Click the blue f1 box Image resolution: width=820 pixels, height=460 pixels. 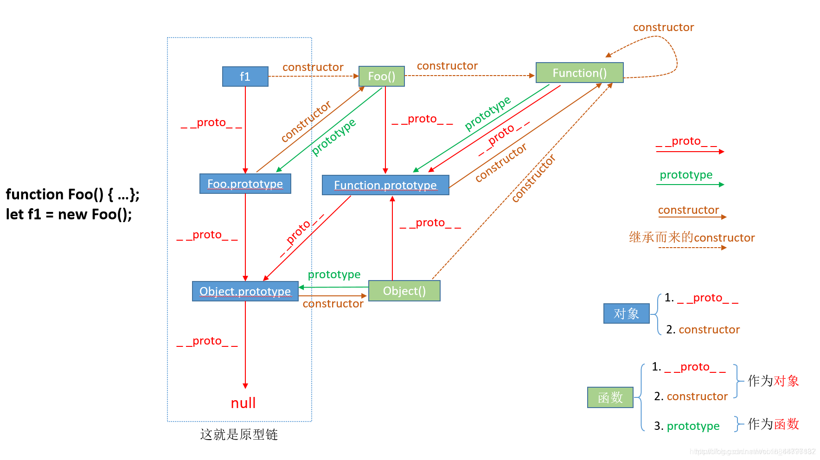pyautogui.click(x=245, y=77)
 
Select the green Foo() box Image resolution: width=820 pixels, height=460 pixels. pyautogui.click(x=381, y=77)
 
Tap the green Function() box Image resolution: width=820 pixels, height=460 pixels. pyautogui.click(x=579, y=73)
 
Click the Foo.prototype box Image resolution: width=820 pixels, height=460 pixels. pyautogui.click(x=245, y=184)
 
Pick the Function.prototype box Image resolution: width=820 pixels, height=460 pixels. pyautogui.click(x=385, y=185)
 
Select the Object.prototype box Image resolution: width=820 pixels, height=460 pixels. pyautogui.click(x=245, y=291)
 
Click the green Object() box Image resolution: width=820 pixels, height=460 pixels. pyautogui.click(x=404, y=291)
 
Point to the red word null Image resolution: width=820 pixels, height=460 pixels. pyautogui.click(x=243, y=403)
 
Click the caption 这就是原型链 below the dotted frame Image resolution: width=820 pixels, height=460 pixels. pyautogui.click(x=239, y=434)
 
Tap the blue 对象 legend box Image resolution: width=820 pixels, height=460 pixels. pyautogui.click(x=626, y=313)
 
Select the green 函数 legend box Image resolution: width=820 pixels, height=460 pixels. pyautogui.click(x=610, y=397)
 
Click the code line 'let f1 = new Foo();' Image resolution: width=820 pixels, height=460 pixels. pyautogui.click(x=69, y=215)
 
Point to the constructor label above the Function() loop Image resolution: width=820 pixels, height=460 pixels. pyautogui.click(x=663, y=27)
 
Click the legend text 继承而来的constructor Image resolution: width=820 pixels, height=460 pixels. pyautogui.click(x=692, y=237)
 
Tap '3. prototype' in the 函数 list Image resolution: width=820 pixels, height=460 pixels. pyautogui.click(x=687, y=426)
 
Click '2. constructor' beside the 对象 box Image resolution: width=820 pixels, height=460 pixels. pyautogui.click(x=703, y=330)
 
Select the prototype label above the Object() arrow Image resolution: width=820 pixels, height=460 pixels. pyautogui.click(x=334, y=275)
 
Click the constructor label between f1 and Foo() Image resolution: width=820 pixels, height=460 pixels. pyautogui.click(x=313, y=67)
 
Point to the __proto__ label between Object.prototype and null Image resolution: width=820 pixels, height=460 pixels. pyautogui.click(x=207, y=341)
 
